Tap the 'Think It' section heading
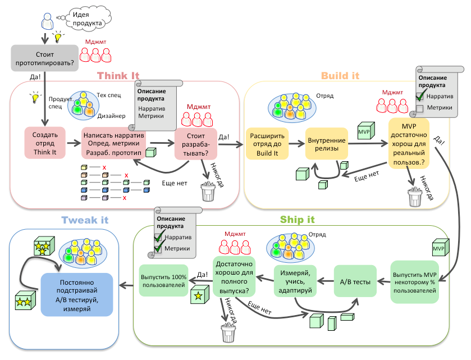(118, 76)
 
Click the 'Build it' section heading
(340, 76)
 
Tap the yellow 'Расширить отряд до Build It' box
(267, 144)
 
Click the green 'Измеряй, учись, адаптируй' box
(296, 280)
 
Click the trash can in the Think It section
(208, 192)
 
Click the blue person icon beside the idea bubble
(48, 23)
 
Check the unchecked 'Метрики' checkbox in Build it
(420, 108)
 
